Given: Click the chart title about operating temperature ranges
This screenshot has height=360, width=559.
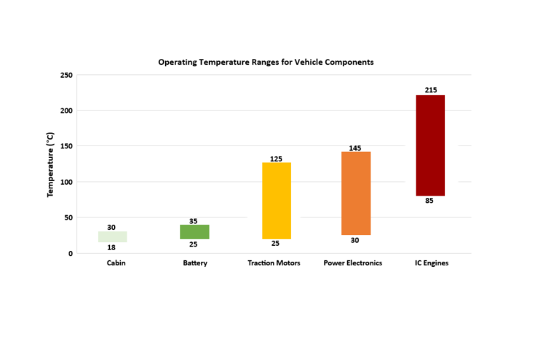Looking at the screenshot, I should [266, 63].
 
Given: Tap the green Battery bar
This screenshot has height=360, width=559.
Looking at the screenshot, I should [194, 232].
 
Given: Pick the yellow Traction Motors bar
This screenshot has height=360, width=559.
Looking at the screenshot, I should [276, 200].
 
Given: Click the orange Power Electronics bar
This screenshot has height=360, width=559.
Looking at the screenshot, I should [356, 193].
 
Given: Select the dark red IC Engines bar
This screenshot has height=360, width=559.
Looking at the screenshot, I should [429, 145].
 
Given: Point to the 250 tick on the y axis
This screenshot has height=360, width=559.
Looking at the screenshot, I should [66, 75].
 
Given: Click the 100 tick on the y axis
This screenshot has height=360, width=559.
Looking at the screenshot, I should [66, 182].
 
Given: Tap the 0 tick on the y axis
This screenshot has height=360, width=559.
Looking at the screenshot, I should [70, 253].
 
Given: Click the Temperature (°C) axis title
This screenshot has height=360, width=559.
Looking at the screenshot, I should [50, 164].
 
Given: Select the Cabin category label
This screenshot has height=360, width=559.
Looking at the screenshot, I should [116, 263].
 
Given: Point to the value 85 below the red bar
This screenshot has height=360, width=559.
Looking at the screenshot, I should [429, 201].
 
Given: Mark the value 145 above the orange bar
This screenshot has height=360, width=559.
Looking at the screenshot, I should [356, 148].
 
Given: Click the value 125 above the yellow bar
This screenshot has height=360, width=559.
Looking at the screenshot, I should [276, 159].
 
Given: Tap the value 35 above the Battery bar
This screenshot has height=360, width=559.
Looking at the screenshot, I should [193, 221].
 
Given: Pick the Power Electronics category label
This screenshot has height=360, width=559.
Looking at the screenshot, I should [353, 263].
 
